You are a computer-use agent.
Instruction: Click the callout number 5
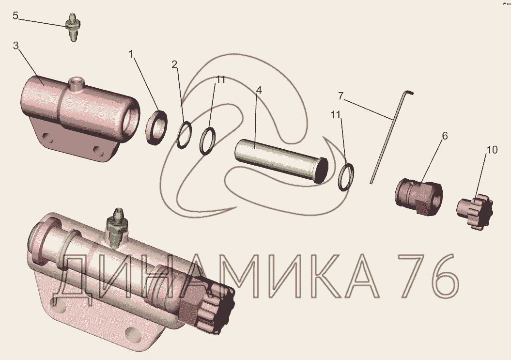click(x=15, y=16)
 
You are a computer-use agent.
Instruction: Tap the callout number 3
click(x=15, y=46)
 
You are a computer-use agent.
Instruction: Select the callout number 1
click(x=131, y=54)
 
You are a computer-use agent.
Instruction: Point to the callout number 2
click(x=175, y=64)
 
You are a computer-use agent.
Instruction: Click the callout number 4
click(x=259, y=90)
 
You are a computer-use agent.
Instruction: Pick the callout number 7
click(x=341, y=96)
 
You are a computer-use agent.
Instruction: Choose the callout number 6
click(x=445, y=136)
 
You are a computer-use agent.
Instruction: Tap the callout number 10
click(x=492, y=150)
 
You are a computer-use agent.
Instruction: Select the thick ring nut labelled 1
click(x=156, y=127)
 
